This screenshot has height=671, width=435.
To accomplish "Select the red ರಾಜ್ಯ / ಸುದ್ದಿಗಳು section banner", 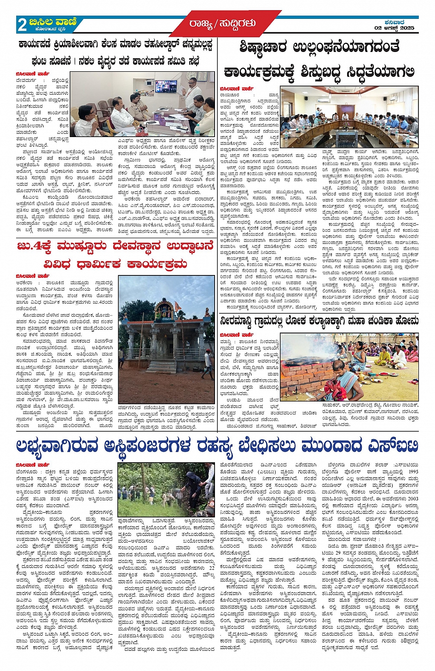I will (222, 23).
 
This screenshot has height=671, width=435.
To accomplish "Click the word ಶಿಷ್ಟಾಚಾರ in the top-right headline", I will (264, 47).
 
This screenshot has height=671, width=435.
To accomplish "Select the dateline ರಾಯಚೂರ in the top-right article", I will (229, 95).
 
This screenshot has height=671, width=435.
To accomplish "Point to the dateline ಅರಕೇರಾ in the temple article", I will (24, 283).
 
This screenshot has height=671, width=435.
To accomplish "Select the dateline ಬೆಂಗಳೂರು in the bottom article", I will (27, 472).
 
